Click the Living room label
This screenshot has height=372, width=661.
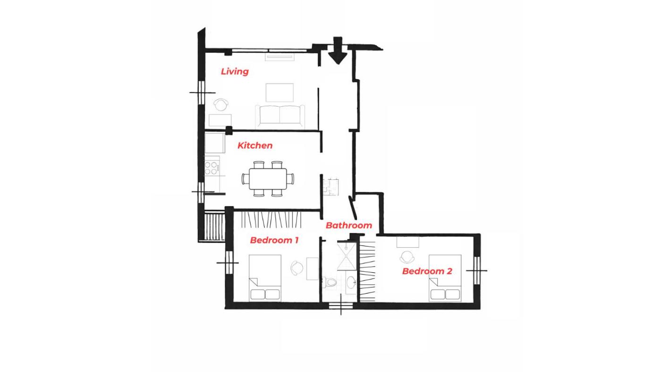click(x=235, y=72)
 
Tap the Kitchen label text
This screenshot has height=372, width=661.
click(x=255, y=145)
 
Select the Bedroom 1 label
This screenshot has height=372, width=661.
click(x=274, y=240)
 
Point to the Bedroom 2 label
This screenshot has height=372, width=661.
click(x=427, y=271)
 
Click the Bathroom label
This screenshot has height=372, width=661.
click(x=349, y=225)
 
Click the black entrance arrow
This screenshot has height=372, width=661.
click(x=338, y=50)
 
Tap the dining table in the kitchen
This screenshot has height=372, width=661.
click(x=268, y=179)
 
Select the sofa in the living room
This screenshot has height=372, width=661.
click(x=280, y=117)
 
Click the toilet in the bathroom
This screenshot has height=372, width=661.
click(x=330, y=282)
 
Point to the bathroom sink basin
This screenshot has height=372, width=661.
click(x=351, y=282)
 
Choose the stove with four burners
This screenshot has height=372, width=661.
click(x=212, y=168)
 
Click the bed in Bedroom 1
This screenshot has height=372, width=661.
click(x=265, y=278)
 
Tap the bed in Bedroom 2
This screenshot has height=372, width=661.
click(x=445, y=278)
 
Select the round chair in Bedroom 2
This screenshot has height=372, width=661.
click(x=407, y=257)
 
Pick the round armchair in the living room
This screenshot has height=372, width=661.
click(x=221, y=105)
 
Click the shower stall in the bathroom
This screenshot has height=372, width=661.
click(x=347, y=256)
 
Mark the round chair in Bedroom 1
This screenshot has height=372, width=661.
click(x=297, y=268)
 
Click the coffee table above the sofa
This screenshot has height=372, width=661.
click(x=280, y=93)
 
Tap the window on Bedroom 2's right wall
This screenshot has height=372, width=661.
click(x=476, y=271)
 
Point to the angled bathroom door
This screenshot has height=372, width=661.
click(x=353, y=208)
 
